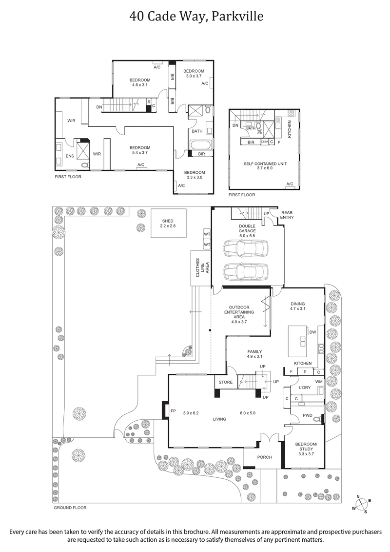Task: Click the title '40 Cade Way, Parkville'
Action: click(196, 17)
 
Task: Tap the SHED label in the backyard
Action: click(168, 223)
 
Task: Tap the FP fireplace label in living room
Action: click(173, 411)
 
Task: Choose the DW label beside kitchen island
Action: click(313, 332)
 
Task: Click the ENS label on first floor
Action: click(63, 157)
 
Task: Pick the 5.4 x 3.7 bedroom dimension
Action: click(140, 153)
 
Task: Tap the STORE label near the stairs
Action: click(225, 382)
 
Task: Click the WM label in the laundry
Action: click(318, 381)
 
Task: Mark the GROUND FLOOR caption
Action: click(70, 508)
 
